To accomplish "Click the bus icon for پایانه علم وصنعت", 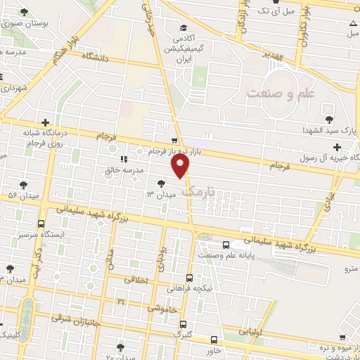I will [x=225, y=245].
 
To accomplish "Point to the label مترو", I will [x=349, y=269].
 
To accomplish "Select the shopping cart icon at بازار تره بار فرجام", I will [x=174, y=141].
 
